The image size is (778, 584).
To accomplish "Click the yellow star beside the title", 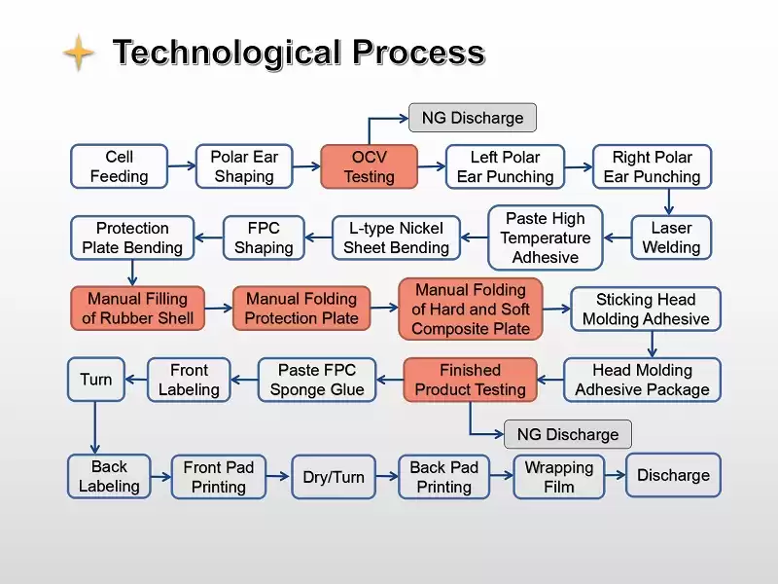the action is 79,53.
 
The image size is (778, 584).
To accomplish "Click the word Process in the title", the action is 419,53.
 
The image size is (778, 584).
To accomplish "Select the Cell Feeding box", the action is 119,166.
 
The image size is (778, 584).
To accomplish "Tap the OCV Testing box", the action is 370,166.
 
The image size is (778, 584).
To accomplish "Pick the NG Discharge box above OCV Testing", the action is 473,118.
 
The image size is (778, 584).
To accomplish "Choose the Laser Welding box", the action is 671,237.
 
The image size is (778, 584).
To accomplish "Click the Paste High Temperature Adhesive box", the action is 546,237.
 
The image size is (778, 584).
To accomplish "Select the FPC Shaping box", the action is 264,237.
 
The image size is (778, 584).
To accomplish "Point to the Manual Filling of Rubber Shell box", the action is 137,309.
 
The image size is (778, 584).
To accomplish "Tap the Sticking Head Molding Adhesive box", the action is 646,309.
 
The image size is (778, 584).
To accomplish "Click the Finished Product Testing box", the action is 470,380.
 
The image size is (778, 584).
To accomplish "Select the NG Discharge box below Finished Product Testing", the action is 568,434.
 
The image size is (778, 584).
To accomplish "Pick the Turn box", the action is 95,380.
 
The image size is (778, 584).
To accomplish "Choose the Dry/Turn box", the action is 334,477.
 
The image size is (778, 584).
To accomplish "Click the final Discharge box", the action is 673,475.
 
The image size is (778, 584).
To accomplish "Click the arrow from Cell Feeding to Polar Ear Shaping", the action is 182,165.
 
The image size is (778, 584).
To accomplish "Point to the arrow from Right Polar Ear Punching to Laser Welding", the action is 668,201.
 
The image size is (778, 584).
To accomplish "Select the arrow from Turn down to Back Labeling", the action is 94,427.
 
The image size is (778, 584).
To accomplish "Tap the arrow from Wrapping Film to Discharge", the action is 616,475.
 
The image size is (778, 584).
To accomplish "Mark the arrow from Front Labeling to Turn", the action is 136,380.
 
